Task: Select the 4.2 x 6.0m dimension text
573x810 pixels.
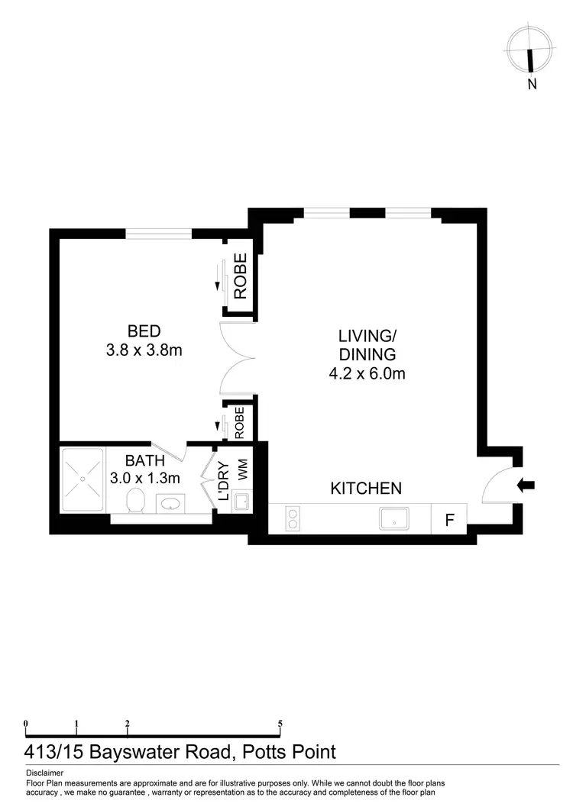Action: tap(367, 374)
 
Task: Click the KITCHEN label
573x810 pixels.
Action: tap(366, 488)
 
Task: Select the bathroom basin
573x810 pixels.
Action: tap(170, 504)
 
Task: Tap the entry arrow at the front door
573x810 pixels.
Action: tap(527, 484)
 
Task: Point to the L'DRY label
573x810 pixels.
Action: tap(224, 482)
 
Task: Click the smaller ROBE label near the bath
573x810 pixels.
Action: tap(239, 422)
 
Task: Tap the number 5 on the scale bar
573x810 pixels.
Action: tap(280, 724)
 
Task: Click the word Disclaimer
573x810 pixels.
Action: tap(44, 773)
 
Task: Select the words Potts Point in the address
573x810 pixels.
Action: tap(288, 752)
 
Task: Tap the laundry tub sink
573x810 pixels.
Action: tap(241, 502)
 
